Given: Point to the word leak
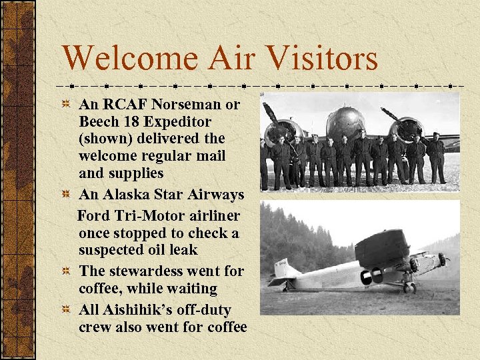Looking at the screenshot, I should (x=183, y=250).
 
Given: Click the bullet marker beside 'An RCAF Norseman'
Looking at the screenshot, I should (x=65, y=105).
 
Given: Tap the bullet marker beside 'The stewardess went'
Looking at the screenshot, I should (x=65, y=272).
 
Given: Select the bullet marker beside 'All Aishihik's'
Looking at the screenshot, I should (x=65, y=311).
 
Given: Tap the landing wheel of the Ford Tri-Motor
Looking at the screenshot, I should (x=408, y=288).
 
